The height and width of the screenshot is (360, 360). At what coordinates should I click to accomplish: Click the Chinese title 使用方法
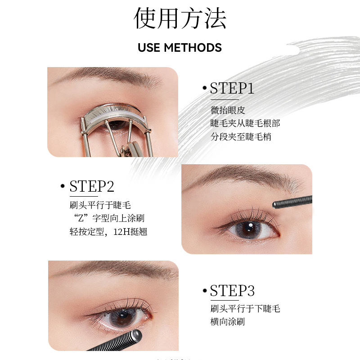(x=180, y=18)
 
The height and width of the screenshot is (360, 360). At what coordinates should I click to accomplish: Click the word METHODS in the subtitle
(x=193, y=48)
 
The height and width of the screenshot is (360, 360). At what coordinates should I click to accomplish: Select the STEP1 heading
(x=232, y=88)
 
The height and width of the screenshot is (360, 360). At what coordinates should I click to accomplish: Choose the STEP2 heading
(x=92, y=186)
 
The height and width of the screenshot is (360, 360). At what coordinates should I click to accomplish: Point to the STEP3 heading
(x=232, y=291)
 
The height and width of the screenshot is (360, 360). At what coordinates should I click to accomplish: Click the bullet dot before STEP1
(x=205, y=88)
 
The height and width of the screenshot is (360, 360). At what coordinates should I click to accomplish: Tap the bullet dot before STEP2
(x=63, y=186)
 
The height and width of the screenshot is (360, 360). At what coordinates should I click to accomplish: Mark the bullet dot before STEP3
(x=205, y=291)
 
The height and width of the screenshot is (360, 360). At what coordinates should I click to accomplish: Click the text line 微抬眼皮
(x=228, y=110)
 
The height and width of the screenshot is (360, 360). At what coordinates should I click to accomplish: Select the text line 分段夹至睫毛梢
(x=241, y=137)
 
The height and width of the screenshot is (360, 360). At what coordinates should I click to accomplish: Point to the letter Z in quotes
(x=81, y=218)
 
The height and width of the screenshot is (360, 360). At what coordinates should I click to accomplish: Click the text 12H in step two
(x=121, y=232)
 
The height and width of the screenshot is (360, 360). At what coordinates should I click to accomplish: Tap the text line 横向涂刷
(x=228, y=322)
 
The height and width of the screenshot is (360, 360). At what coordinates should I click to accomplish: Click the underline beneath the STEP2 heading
(x=84, y=196)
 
